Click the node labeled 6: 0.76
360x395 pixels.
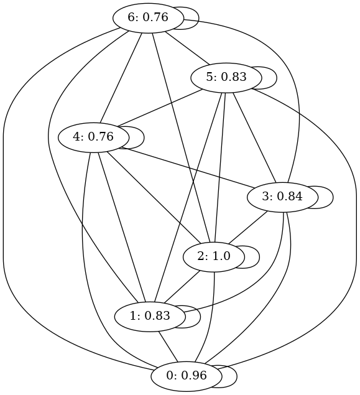click(148, 18)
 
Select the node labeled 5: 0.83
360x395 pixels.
click(226, 78)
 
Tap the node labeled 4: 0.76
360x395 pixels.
click(93, 137)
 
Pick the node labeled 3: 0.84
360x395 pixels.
click(282, 197)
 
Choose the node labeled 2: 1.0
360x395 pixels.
click(214, 257)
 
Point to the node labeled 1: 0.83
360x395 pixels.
click(150, 317)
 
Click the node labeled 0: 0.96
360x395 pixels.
click(187, 376)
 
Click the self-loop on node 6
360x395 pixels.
click(198, 18)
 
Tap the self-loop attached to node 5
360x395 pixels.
click(277, 78)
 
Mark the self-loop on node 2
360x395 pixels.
click(259, 257)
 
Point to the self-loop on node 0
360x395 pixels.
click(237, 376)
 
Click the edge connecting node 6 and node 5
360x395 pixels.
click(187, 48)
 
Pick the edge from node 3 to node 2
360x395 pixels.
click(247, 228)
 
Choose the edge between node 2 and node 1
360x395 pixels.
click(182, 287)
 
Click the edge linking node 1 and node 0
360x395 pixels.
click(168, 346)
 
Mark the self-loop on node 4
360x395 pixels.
click(144, 137)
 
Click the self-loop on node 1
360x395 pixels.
click(200, 317)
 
